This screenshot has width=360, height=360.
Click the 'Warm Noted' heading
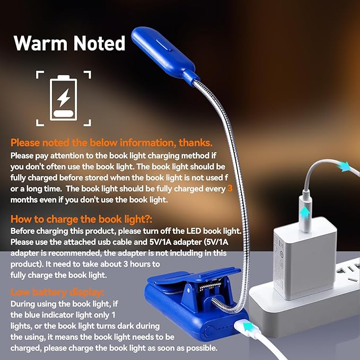click(69, 43)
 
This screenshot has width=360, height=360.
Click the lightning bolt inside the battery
click(63, 96)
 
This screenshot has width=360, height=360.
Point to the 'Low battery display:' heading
click(57, 292)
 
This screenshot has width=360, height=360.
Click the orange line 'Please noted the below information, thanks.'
click(111, 143)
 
